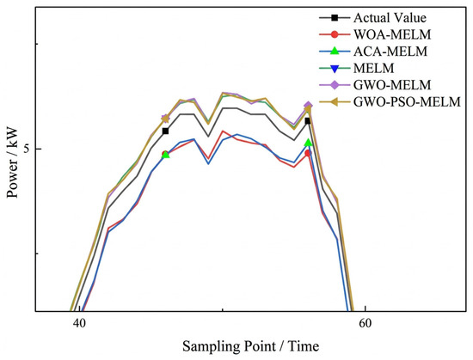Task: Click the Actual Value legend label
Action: click(390, 18)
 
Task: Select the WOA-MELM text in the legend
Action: click(392, 34)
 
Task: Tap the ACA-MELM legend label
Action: click(390, 52)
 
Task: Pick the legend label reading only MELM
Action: click(374, 69)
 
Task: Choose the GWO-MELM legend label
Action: click(392, 85)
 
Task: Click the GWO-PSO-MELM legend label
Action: click(407, 102)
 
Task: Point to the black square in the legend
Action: click(335, 18)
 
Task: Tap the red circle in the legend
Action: click(335, 34)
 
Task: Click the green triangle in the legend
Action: click(335, 52)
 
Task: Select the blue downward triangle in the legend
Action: click(335, 69)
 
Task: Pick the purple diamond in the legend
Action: click(335, 85)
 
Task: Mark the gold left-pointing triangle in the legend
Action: click(334, 102)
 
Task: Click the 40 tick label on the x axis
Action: click(79, 323)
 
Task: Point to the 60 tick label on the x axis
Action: click(365, 323)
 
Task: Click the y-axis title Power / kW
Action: click(12, 162)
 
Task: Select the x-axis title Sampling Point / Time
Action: click(250, 346)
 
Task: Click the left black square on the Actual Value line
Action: click(165, 131)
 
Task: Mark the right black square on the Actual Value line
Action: click(308, 121)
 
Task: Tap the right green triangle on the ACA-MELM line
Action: click(308, 143)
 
